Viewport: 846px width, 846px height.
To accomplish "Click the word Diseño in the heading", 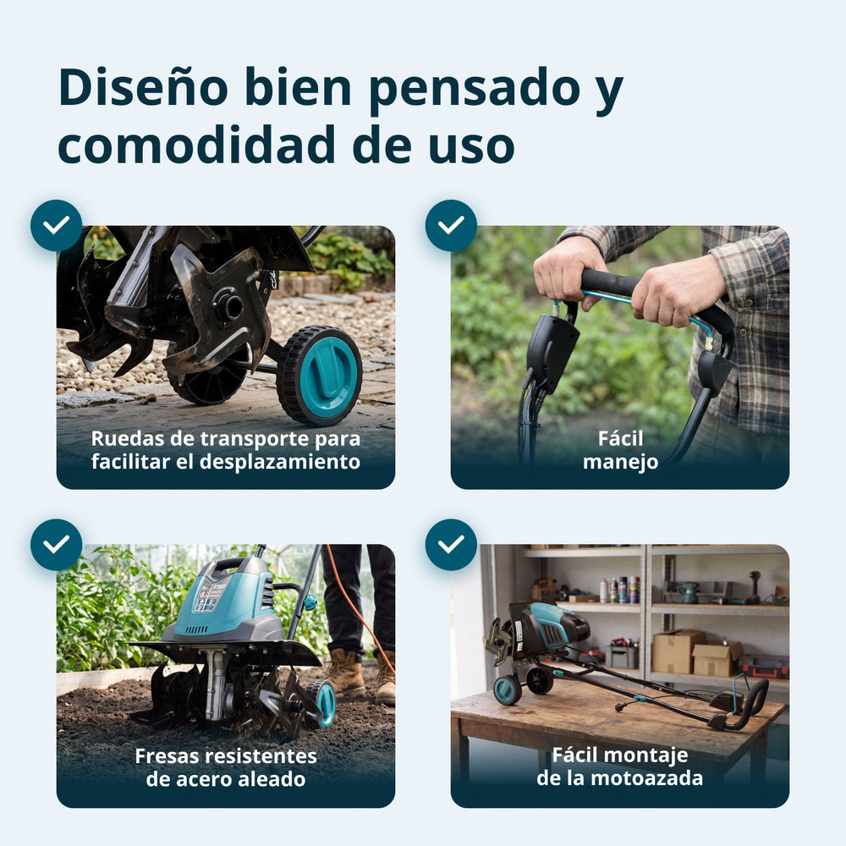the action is click(144, 88).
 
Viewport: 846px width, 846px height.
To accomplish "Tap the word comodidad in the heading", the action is click(197, 146).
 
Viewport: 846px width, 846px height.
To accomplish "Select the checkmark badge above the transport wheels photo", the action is click(56, 226).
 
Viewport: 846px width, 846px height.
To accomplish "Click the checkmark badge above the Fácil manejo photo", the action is click(451, 226).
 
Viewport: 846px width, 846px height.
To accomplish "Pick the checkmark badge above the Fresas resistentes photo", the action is click(56, 545).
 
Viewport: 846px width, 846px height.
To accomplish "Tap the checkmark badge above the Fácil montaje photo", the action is click(451, 545).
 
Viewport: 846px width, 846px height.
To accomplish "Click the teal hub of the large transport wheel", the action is click(328, 375).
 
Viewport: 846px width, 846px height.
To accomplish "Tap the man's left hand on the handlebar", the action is click(677, 292).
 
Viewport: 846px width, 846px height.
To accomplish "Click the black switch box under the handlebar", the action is click(551, 348).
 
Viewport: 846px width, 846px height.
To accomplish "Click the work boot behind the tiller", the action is click(345, 672).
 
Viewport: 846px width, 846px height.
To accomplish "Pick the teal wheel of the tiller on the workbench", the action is click(507, 689).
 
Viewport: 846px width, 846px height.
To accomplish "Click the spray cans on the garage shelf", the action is click(619, 590).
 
